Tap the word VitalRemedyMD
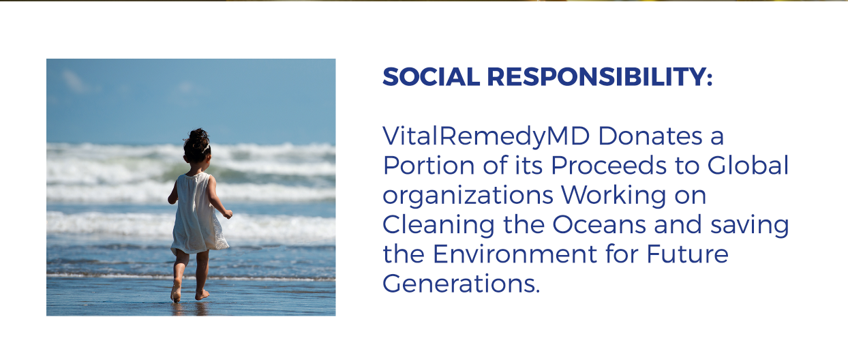(486, 137)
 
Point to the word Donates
(650, 136)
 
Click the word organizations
(468, 196)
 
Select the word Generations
(460, 283)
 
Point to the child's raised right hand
(228, 214)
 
